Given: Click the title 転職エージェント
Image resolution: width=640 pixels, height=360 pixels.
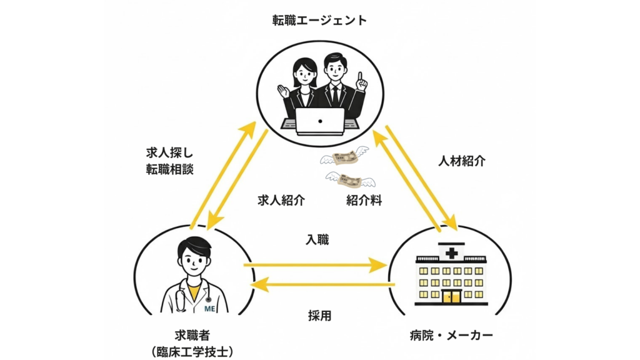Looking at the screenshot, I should click(319, 21).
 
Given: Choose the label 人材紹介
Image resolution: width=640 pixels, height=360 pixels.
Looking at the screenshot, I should click(462, 161).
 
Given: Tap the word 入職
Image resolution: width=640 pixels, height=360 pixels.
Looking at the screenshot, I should click(317, 239).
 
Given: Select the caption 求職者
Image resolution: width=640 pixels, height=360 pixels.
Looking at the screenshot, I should click(192, 336).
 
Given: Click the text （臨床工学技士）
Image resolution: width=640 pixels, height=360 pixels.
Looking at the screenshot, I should click(192, 352).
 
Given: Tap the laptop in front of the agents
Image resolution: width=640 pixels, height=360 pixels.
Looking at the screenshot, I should click(320, 120).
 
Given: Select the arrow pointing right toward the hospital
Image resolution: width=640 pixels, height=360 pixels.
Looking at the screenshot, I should click(316, 265).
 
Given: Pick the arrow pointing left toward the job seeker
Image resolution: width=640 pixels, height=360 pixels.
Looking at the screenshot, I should click(322, 286).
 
